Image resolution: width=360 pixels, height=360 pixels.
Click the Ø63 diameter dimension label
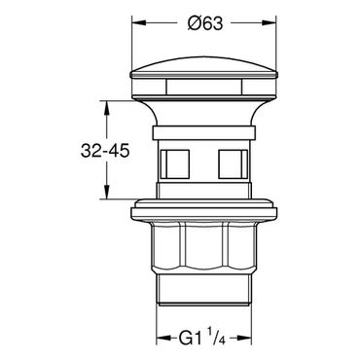(205, 23)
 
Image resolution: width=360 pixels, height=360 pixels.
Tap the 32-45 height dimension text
(105, 151)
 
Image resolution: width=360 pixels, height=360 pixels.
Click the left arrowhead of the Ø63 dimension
(137, 22)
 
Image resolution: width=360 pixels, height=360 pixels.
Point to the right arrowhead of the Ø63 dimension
(269, 22)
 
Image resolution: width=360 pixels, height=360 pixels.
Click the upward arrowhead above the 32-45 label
(107, 107)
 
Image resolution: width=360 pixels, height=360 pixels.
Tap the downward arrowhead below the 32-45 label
(107, 192)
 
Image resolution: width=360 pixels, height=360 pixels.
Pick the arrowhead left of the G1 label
(162, 338)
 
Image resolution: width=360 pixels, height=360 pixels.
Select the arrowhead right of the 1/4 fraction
(245, 338)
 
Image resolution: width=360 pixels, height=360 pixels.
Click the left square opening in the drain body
(175, 163)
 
